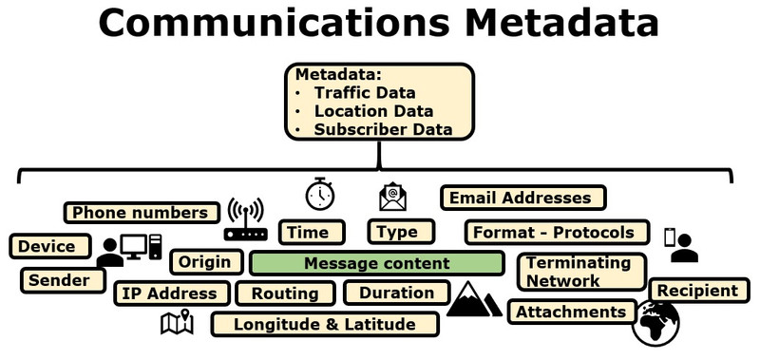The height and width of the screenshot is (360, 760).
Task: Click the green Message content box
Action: point(376,263)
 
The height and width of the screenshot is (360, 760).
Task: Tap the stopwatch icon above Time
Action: point(320,194)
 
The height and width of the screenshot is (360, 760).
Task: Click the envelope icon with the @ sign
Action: point(392,197)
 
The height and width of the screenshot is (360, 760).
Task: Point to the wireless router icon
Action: point(246,219)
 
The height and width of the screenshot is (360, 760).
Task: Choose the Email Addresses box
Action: point(523,198)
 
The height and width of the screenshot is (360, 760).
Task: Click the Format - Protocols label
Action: point(557,233)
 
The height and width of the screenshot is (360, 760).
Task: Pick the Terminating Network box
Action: point(582,272)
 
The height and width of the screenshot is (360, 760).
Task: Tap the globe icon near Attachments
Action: point(655,323)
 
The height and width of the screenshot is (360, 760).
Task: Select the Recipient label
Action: point(699,291)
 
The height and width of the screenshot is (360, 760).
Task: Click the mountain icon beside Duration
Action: point(474,299)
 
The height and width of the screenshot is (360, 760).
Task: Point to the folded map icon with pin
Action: point(177,322)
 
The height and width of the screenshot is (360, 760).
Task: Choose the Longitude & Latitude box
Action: point(325,324)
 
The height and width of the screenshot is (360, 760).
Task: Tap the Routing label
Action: point(285,294)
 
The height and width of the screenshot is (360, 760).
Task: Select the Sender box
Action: point(63,280)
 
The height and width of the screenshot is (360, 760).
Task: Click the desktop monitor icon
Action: point(134,247)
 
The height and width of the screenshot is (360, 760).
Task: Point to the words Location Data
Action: point(373,111)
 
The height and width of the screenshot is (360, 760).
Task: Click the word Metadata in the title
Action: point(561,22)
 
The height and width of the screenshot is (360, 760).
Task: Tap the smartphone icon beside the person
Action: point(670,237)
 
